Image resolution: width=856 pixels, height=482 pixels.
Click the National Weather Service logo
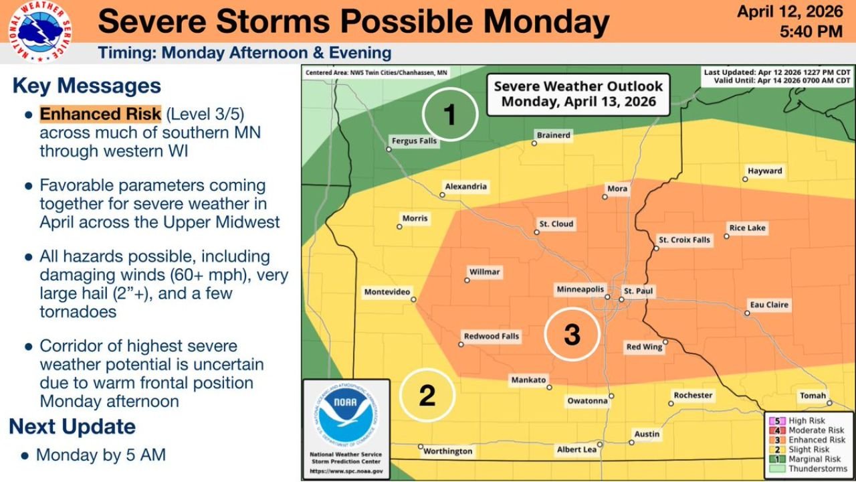40,31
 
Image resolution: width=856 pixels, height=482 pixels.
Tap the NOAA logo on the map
346,415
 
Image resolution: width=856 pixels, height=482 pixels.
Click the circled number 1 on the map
450,114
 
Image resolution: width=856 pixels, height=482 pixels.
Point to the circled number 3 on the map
572,334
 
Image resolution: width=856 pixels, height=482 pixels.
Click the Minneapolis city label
580,289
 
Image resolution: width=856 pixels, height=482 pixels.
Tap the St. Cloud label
556,224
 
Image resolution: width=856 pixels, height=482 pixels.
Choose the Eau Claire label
769,305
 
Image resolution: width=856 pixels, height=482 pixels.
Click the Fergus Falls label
413,141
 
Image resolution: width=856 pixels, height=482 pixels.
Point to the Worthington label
448,451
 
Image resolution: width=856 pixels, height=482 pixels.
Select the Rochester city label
693,395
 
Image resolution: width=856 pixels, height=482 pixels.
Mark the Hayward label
765,171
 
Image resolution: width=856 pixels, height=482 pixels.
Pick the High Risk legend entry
807,421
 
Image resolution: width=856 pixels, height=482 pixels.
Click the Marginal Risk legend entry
814,459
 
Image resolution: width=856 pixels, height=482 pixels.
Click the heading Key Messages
86,86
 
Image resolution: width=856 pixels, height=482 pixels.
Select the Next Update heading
72,426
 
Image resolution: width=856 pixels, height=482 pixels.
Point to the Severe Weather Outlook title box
578,94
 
